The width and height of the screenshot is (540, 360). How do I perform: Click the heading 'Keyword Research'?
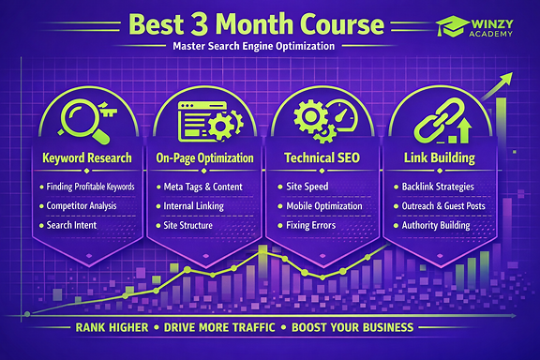pos(87,158)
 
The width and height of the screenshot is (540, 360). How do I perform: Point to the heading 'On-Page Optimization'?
pos(205,158)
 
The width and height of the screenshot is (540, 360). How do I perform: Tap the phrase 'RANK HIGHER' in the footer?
pos(113,328)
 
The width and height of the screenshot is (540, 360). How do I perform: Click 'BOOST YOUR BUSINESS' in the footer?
pos(352,328)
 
